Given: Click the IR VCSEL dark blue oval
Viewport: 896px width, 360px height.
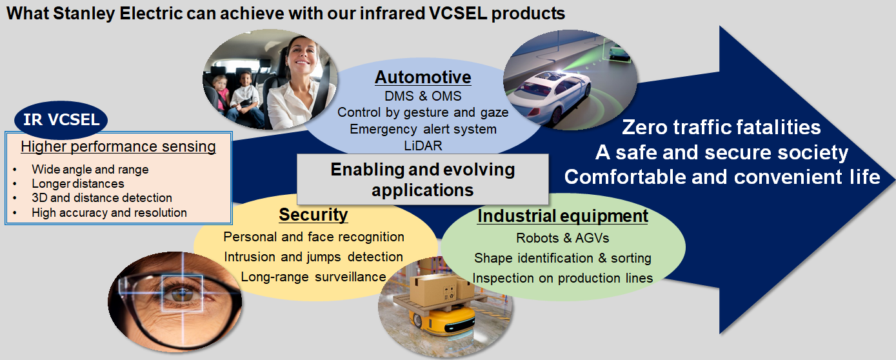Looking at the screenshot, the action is pos(61,119).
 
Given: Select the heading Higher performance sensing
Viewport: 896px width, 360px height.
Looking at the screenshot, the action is pos(119,146).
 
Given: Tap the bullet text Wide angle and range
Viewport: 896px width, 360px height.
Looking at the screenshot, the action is pos(90,169).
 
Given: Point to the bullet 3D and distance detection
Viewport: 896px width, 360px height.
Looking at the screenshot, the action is pos(102,197).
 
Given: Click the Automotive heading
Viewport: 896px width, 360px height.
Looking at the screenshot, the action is pos(423,77).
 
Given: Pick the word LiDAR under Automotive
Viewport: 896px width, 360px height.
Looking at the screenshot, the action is pos(423,146).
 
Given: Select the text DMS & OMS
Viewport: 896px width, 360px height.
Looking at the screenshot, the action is pos(423,96).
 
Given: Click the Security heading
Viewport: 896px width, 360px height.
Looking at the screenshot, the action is pos(314,215).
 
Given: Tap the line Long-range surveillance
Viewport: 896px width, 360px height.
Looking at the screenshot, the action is pos(314,277).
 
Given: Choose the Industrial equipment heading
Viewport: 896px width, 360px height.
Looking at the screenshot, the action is pos(562,216).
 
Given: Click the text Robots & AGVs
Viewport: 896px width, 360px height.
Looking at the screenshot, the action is pos(562,238).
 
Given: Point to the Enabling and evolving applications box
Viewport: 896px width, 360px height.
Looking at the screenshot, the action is pos(423,179).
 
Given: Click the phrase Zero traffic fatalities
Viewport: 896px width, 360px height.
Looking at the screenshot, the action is pos(721,127).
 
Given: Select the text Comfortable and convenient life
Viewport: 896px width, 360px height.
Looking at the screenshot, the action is pos(722,177).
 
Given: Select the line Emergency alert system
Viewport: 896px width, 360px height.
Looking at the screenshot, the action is pos(423,129).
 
